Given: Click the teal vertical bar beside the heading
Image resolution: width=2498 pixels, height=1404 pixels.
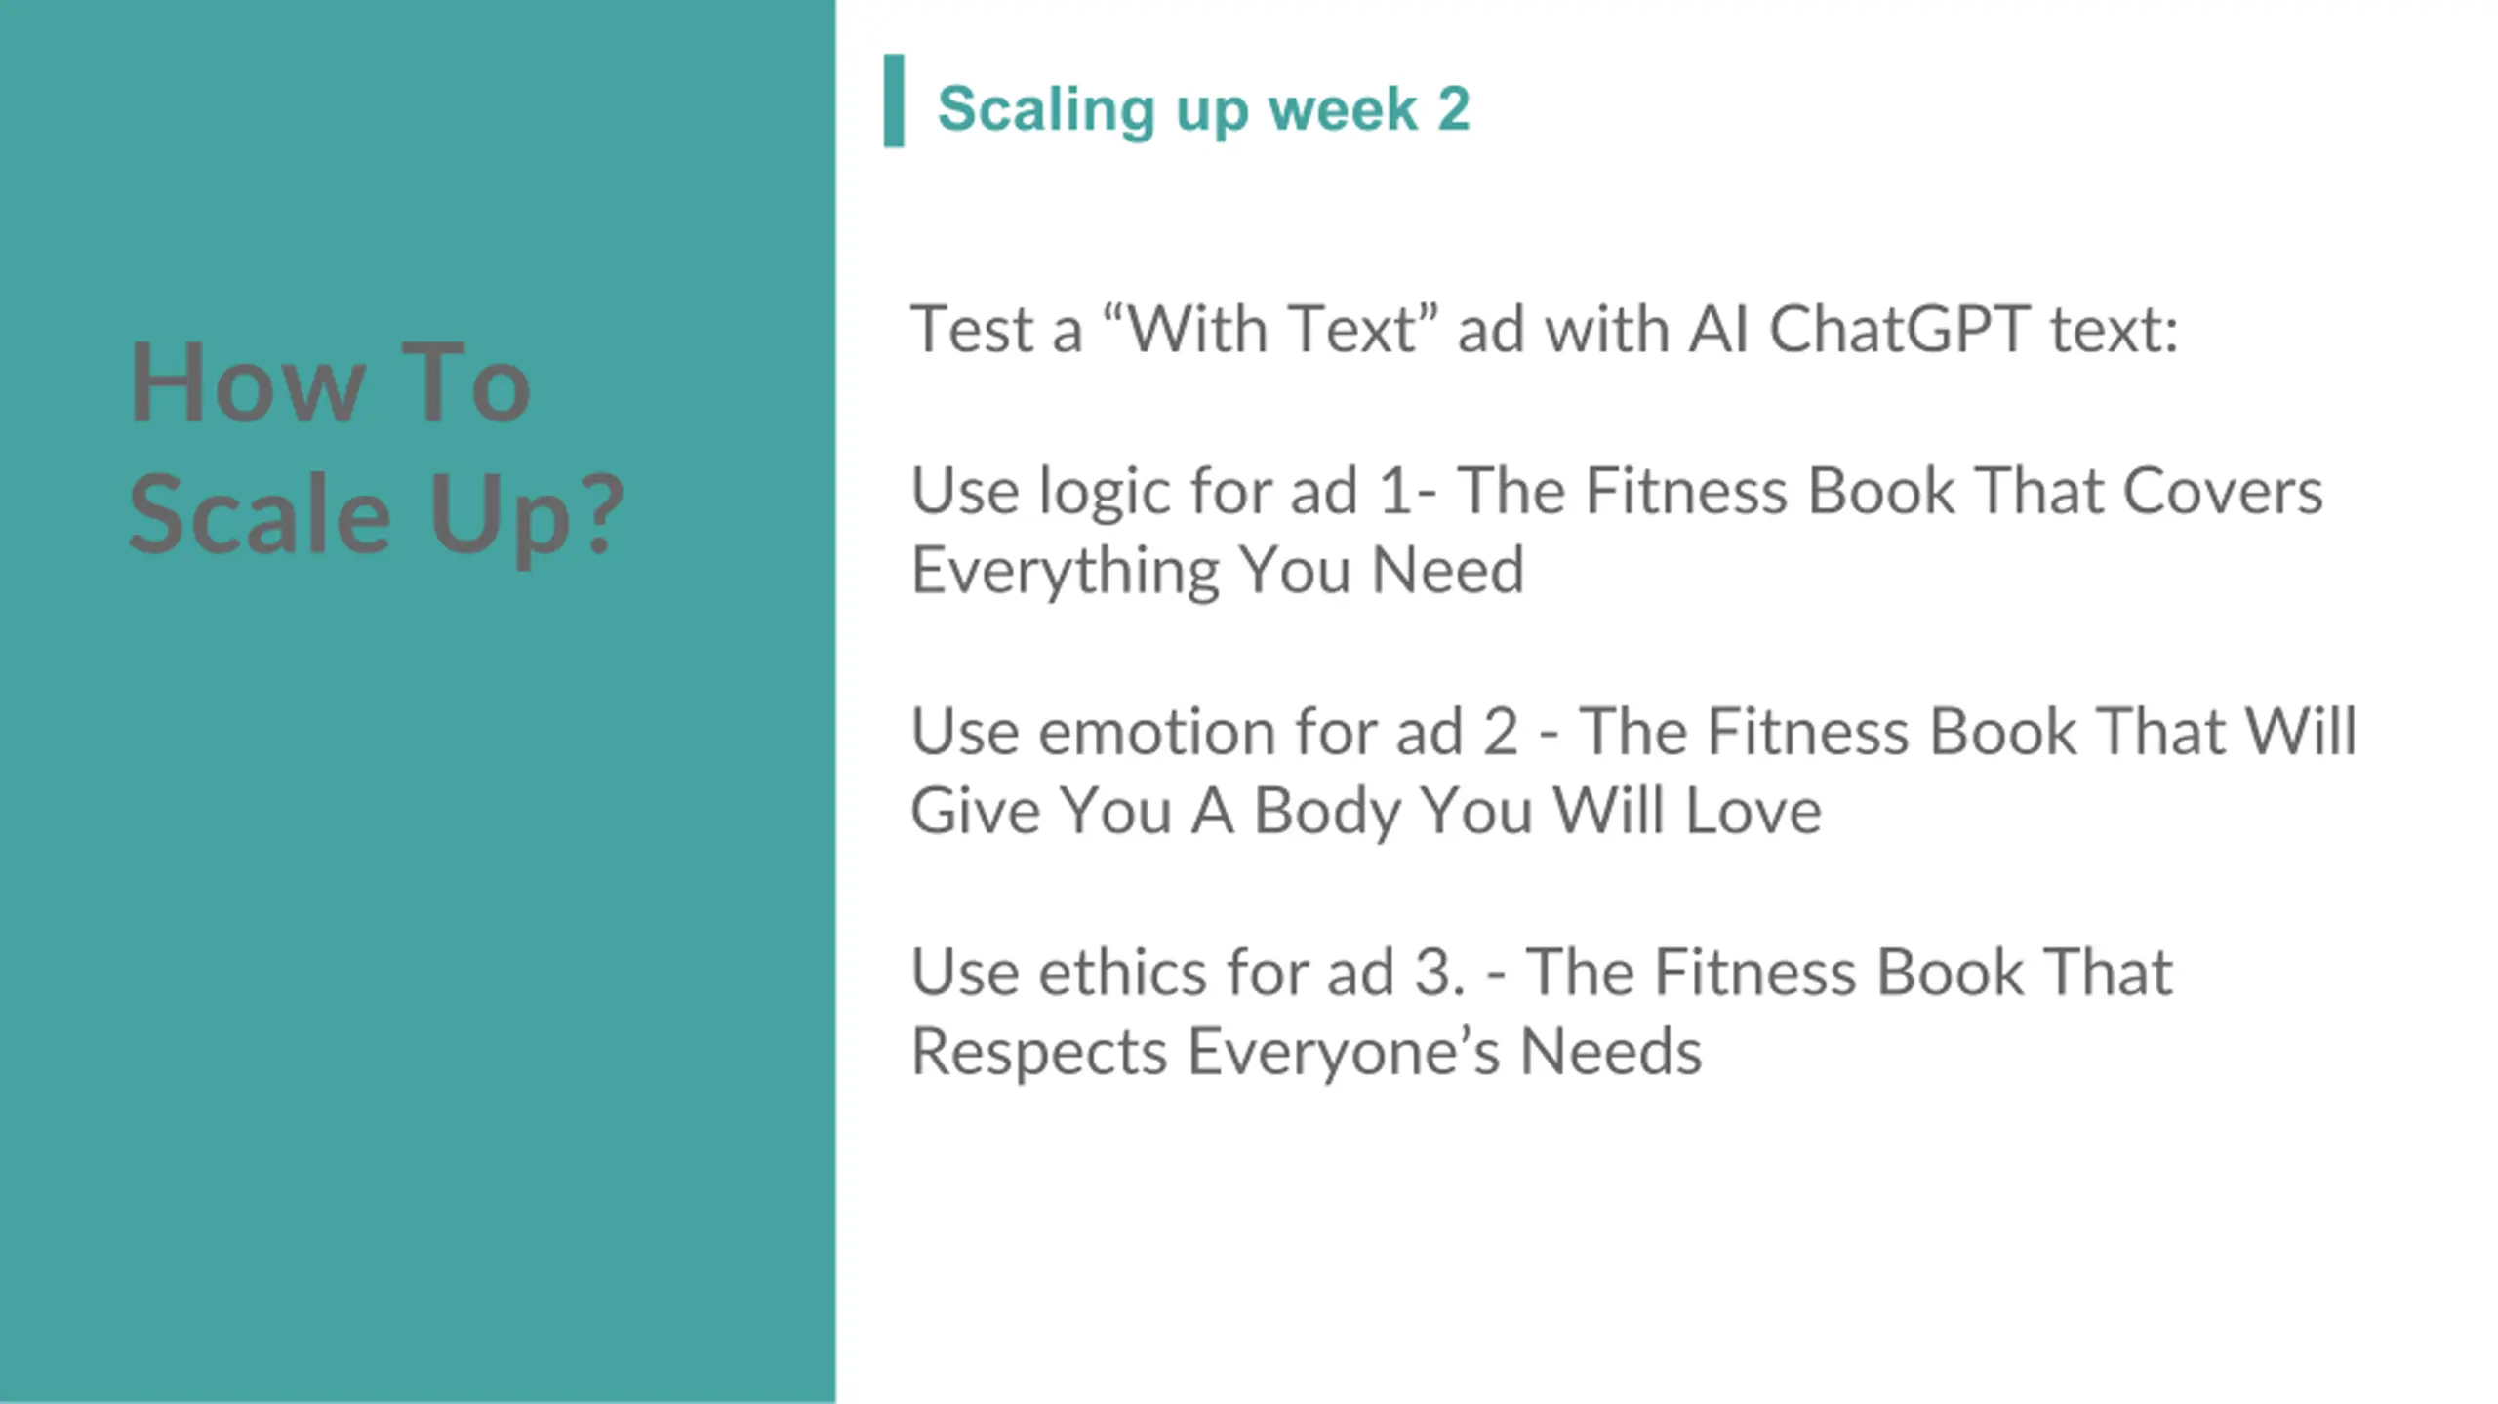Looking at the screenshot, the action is pos(893,100).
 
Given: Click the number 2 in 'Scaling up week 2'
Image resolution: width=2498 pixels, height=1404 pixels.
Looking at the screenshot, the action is pos(1453,108).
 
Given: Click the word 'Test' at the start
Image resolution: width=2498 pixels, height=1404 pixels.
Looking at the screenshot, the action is pos(971,329).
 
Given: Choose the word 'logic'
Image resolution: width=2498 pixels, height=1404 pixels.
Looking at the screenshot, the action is pos(1100,493).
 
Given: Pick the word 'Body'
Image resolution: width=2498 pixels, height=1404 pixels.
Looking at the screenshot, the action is pos(1326,813).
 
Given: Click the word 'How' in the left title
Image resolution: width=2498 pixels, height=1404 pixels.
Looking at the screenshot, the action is pos(246,382).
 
